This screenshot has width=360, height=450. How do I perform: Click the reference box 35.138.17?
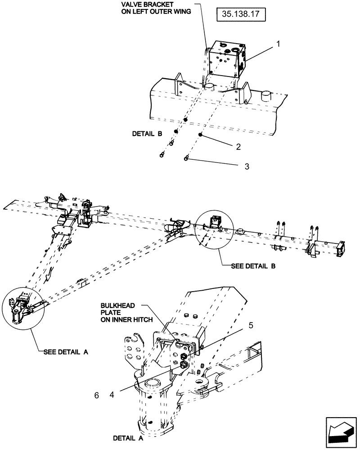point(241,15)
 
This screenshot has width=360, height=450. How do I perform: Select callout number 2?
point(238,147)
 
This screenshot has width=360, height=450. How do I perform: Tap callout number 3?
point(246,166)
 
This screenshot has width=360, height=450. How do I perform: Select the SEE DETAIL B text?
point(253,266)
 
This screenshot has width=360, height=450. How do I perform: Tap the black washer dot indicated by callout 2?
point(201,135)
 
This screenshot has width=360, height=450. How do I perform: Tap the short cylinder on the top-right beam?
point(267,95)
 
